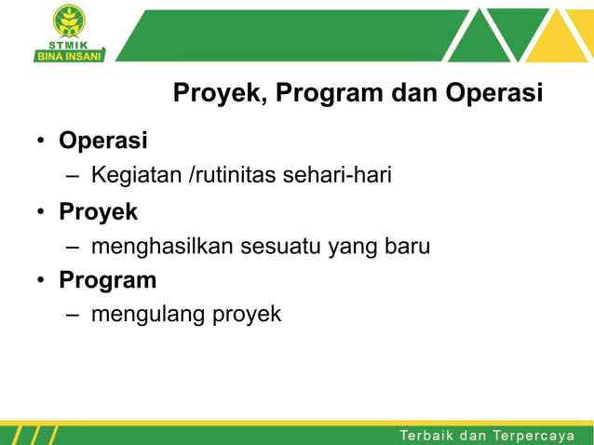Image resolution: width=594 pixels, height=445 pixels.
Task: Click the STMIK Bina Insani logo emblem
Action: coord(68,20)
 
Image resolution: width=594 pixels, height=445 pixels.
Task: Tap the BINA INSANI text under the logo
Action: coord(70,54)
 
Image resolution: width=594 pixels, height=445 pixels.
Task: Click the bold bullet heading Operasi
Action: coord(103,141)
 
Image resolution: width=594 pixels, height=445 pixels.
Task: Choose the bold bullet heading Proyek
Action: coord(98,211)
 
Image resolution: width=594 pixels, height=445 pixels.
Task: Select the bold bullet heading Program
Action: coord(107,279)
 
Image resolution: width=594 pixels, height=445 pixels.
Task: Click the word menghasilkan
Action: coord(163,247)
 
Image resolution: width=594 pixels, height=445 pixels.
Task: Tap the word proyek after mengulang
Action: coord(247,316)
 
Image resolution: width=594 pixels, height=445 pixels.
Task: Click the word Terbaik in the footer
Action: coord(429,436)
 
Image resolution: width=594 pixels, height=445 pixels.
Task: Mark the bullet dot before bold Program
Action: coord(42,280)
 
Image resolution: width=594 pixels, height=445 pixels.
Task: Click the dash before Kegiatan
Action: coord(74,176)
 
